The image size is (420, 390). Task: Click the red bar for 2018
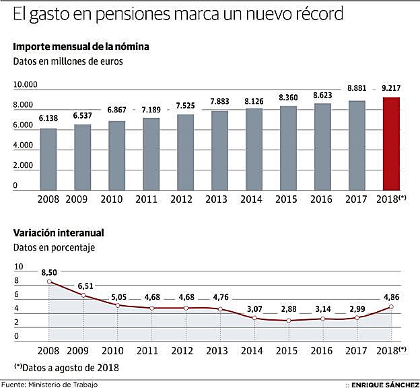(x=391, y=144)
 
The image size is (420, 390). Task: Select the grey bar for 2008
(x=48, y=160)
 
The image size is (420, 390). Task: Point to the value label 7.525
(x=185, y=106)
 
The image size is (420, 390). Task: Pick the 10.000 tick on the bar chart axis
(x=25, y=85)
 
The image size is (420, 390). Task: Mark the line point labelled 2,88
(x=288, y=320)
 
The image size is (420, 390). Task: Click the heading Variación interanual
(x=58, y=233)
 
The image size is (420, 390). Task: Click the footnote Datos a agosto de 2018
(x=70, y=368)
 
